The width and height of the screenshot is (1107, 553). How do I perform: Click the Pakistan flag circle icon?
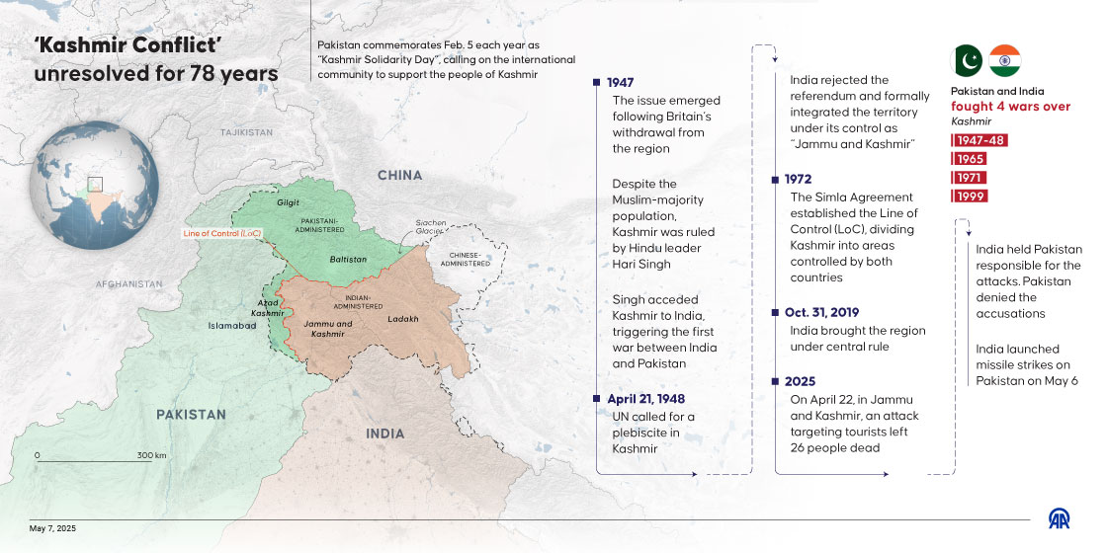pyautogui.click(x=967, y=61)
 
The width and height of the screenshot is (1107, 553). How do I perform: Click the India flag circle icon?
pyautogui.click(x=1004, y=61)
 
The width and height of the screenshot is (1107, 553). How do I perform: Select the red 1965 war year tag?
pyautogui.click(x=969, y=158)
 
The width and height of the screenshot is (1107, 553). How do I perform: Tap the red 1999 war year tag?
pyautogui.click(x=969, y=196)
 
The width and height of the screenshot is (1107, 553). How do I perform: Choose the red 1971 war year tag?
pyautogui.click(x=969, y=177)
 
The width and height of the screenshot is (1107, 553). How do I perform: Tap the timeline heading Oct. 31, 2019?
pyautogui.click(x=822, y=313)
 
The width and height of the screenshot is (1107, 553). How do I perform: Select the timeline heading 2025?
pyautogui.click(x=800, y=381)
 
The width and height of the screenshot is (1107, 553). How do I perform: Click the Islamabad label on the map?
pyautogui.click(x=232, y=325)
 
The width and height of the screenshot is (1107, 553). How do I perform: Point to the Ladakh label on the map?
pyautogui.click(x=403, y=319)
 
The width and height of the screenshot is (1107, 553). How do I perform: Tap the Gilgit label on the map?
pyautogui.click(x=288, y=202)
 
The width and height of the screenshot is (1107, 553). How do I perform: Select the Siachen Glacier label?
pyautogui.click(x=431, y=226)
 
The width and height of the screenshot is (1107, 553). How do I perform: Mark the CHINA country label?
pyautogui.click(x=399, y=176)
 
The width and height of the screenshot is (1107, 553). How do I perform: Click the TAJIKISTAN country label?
pyautogui.click(x=246, y=132)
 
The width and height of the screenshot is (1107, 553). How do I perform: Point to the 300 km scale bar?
pyautogui.click(x=99, y=458)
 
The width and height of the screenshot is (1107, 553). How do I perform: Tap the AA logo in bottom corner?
pyautogui.click(x=1059, y=519)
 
